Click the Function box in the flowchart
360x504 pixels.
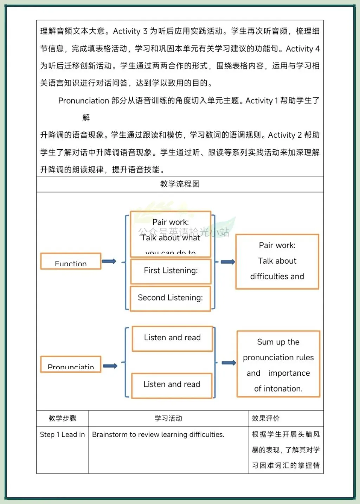(71, 261)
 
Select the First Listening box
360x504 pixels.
(171, 271)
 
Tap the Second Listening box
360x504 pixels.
(171, 298)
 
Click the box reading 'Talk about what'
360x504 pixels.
(171, 234)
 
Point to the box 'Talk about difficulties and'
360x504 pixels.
(277, 261)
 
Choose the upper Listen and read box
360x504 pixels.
(172, 338)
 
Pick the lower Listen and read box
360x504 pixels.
(172, 385)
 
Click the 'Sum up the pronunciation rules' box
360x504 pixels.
(278, 364)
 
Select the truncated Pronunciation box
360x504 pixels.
(71, 364)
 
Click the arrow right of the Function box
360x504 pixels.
(109, 261)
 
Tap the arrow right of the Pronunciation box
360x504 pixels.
(110, 366)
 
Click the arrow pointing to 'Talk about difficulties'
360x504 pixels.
(228, 262)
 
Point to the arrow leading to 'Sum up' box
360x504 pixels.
(229, 363)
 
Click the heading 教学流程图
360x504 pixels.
(180, 184)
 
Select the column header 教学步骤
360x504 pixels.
(63, 418)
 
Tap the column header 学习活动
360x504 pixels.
(168, 418)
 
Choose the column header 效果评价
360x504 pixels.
(266, 418)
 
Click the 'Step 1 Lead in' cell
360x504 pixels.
(62, 435)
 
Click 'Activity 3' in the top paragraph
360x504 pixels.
(130, 31)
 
